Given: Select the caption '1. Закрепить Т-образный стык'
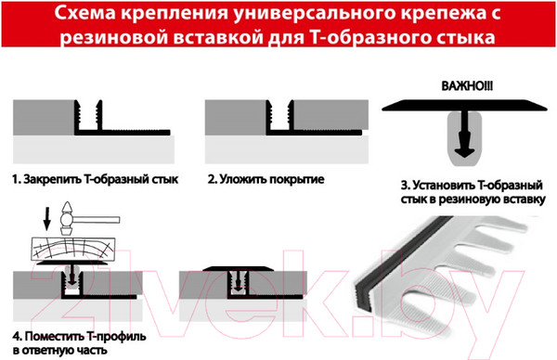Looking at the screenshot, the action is (94, 177).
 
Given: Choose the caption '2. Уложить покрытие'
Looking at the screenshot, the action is (266, 177).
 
